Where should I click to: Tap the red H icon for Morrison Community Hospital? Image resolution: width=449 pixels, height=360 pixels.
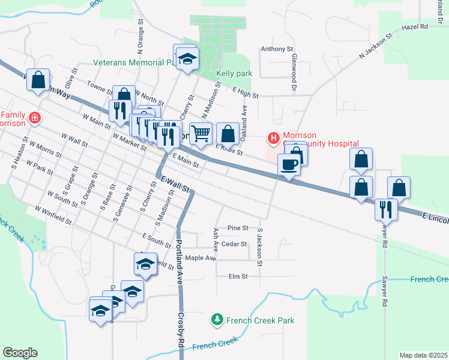click(274, 139)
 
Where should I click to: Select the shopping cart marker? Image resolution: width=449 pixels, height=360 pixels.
click(201, 133)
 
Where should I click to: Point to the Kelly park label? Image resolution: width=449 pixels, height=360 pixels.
click(234, 74)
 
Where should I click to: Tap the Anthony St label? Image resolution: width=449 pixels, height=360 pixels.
click(277, 49)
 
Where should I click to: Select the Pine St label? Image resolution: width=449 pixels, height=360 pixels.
click(238, 228)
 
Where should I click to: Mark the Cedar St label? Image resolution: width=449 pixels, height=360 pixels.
click(234, 244)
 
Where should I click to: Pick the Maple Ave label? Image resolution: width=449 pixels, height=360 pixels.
click(200, 258)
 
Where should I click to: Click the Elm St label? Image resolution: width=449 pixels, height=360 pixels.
click(238, 276)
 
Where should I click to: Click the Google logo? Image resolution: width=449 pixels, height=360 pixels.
click(20, 353)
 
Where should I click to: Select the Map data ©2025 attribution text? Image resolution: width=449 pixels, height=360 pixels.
click(423, 355)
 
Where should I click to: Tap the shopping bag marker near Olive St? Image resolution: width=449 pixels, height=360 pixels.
click(38, 80)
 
